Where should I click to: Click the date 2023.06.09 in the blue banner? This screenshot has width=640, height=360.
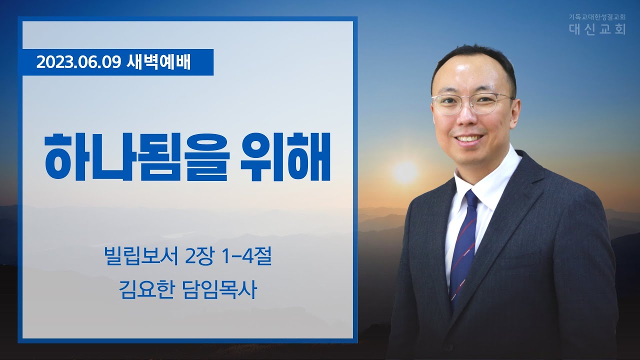tap(78, 62)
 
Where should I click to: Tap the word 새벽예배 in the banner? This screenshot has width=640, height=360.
tap(158, 62)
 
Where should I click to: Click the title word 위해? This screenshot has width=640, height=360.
tap(285, 156)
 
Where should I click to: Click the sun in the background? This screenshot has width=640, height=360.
tap(405, 172)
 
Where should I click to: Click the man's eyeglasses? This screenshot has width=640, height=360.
tap(472, 103)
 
